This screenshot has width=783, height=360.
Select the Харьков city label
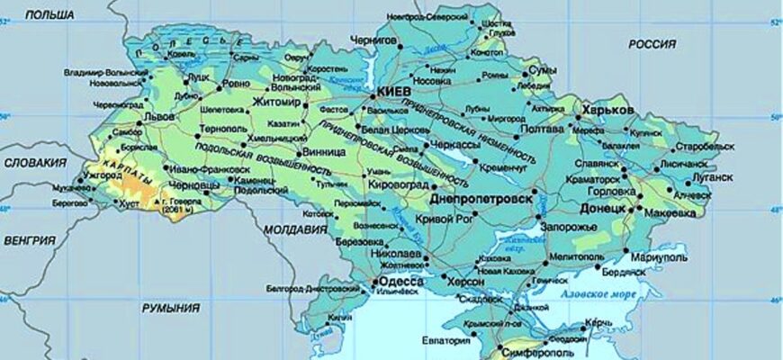click(608, 110)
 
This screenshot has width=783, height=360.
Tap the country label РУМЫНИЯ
click(171, 308)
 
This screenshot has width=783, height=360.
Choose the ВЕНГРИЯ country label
click(30, 240)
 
